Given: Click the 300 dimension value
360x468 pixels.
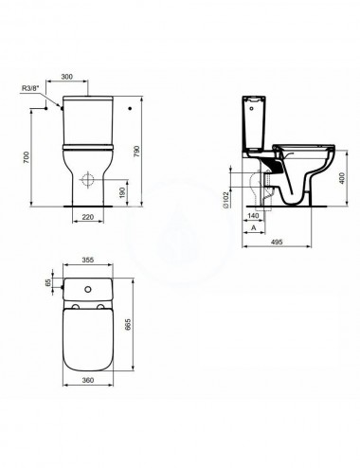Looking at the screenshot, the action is [x=66, y=77].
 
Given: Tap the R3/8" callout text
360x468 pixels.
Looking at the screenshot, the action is [x=30, y=88].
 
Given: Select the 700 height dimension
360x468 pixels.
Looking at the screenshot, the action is [x=27, y=157].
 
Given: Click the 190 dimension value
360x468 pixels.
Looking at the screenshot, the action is [x=123, y=192].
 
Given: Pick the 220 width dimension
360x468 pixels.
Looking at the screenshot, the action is [x=88, y=217].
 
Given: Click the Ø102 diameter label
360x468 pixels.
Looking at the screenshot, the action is [x=226, y=199].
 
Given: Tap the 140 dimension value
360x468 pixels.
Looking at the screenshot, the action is [x=253, y=216].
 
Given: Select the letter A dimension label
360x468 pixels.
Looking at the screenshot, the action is [x=253, y=227].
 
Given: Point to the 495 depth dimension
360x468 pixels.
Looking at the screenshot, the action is [x=277, y=242].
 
